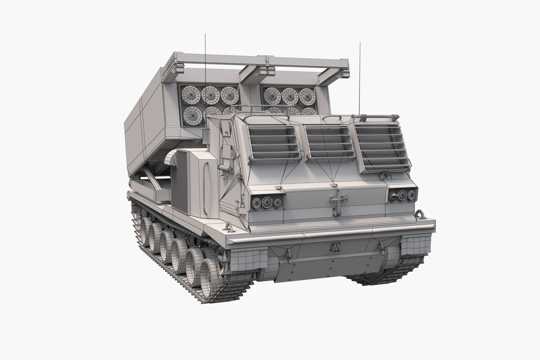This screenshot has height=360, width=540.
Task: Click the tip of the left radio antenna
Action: pyautogui.click(x=205, y=34)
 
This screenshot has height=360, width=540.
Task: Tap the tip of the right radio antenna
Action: pyautogui.click(x=360, y=43)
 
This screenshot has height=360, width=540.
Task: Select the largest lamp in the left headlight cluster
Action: pyautogui.click(x=267, y=202)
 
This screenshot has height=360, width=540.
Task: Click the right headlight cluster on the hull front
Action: pyautogui.click(x=403, y=195)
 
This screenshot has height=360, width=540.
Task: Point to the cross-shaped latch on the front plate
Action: pyautogui.click(x=338, y=200)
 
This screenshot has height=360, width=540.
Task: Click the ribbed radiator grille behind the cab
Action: pyautogui.click(x=180, y=182)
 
